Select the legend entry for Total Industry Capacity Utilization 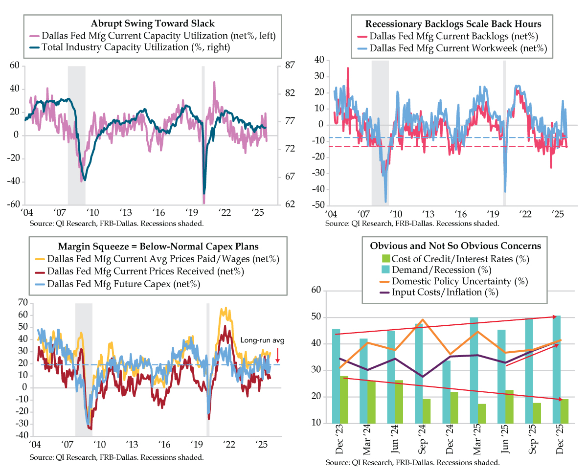coord(136,47)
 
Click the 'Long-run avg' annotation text coord(255,341)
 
